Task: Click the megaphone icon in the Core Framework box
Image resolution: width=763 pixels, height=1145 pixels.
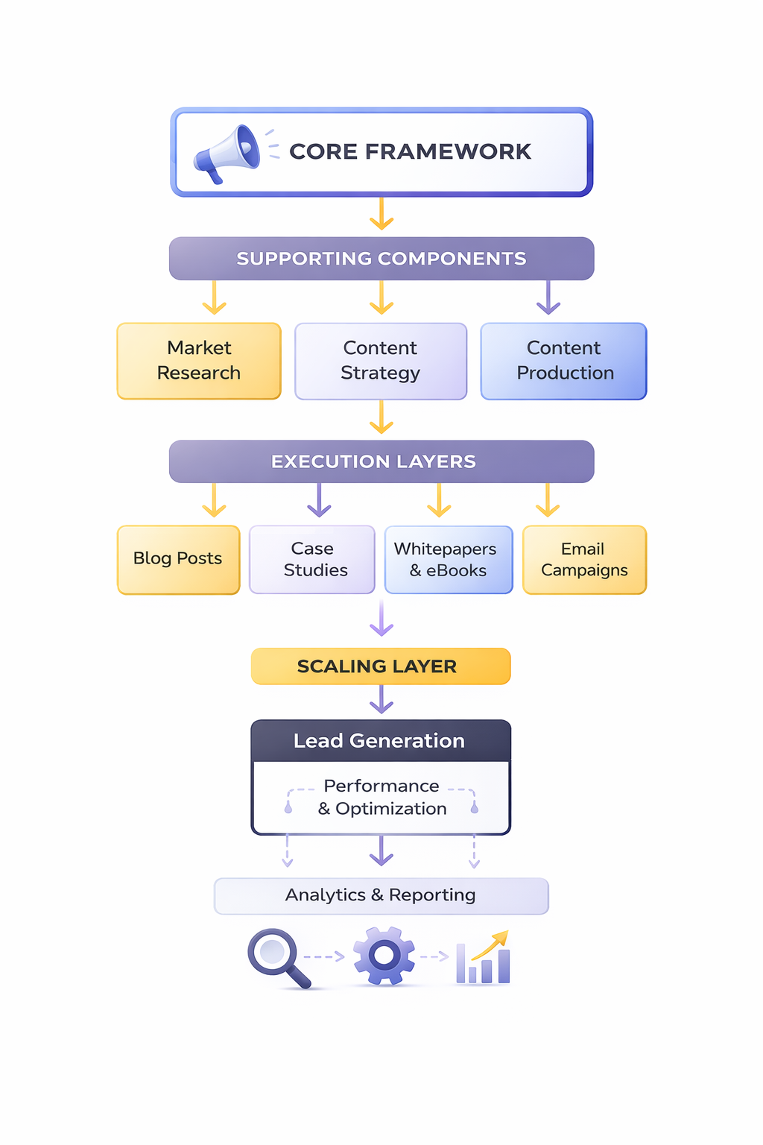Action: click(227, 153)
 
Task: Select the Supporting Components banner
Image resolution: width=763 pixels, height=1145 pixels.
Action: click(381, 259)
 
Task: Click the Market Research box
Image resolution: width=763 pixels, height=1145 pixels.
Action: click(199, 361)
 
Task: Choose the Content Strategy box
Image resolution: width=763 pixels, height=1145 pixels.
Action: click(381, 361)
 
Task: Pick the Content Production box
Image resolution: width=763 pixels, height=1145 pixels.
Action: click(564, 361)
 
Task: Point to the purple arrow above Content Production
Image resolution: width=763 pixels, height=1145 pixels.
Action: click(548, 297)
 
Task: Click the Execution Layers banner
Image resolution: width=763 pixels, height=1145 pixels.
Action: click(381, 461)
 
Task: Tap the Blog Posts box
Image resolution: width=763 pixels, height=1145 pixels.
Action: click(178, 559)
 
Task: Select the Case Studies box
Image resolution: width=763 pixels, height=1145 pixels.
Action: click(312, 559)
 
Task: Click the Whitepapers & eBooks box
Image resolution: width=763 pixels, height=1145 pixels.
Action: click(449, 559)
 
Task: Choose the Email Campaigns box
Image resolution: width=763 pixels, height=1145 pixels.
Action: click(584, 559)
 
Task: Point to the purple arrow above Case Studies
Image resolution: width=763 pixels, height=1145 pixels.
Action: click(319, 500)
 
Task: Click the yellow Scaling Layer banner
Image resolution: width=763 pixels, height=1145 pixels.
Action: click(381, 666)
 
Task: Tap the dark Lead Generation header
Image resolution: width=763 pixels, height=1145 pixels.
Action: click(381, 741)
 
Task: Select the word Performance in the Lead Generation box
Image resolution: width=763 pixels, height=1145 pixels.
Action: click(381, 786)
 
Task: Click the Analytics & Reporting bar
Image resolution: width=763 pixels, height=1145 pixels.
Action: click(381, 895)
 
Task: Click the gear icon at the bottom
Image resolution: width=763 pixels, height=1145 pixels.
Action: click(384, 956)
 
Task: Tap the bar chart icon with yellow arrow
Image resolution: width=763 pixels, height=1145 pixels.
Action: click(484, 959)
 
